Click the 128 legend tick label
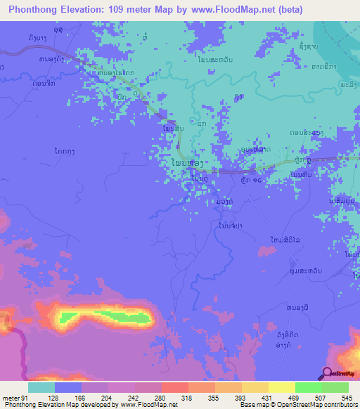pos(68,397)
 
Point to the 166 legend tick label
pos(95,397)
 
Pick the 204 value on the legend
pos(122,397)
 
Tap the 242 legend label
pos(148,397)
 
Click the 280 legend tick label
pos(175,397)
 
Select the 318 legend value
pos(202,397)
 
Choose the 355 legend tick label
pos(229,397)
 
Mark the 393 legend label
pos(255,397)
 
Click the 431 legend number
pos(282,397)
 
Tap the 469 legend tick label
pos(309,397)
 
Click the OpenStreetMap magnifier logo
pos(328,373)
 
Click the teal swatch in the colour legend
pos(41,387)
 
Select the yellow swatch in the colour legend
pos(282,387)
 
